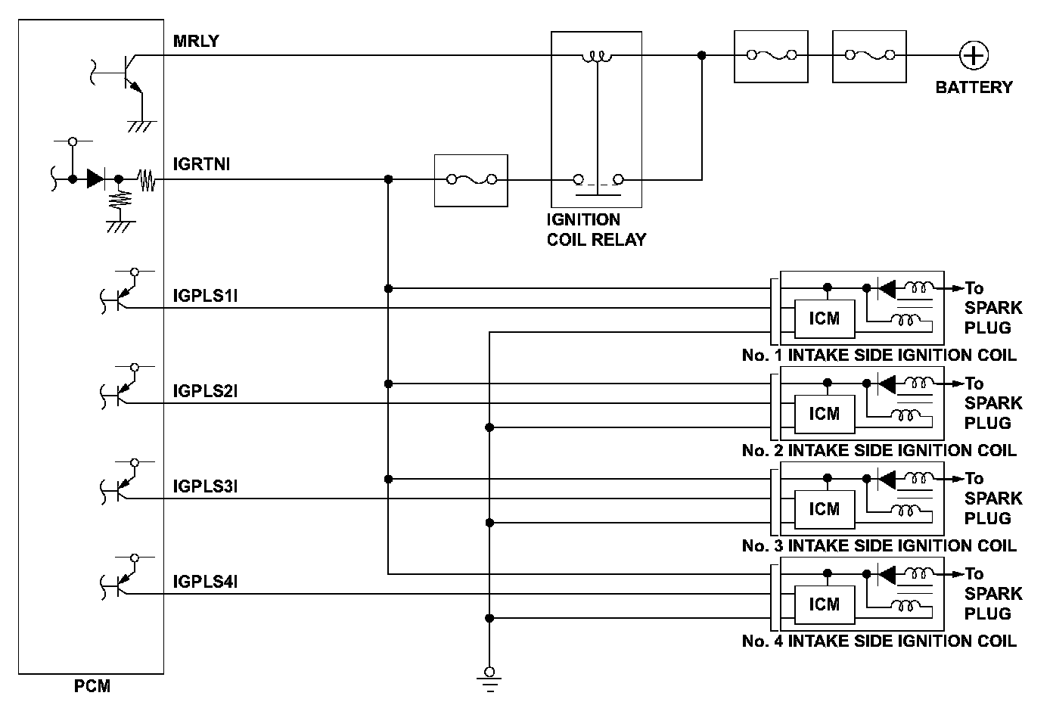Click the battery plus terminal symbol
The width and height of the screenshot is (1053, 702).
pyautogui.click(x=974, y=55)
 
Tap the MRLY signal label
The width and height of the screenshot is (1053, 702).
pyautogui.click(x=196, y=41)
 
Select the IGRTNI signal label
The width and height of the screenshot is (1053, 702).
pyautogui.click(x=201, y=164)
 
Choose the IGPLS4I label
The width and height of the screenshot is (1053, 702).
pyautogui.click(x=206, y=582)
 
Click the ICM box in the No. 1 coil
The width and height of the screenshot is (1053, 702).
pyautogui.click(x=824, y=318)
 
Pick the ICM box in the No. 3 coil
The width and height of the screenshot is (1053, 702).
pyautogui.click(x=824, y=509)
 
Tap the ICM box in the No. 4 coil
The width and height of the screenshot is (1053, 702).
pyautogui.click(x=824, y=604)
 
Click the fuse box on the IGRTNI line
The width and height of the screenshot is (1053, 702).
pyautogui.click(x=471, y=180)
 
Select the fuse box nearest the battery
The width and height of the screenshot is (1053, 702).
pyautogui.click(x=869, y=55)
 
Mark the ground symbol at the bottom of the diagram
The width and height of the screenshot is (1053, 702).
pyautogui.click(x=490, y=681)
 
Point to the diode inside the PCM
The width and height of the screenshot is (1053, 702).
pyautogui.click(x=95, y=179)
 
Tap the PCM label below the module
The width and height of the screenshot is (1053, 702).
pyautogui.click(x=92, y=687)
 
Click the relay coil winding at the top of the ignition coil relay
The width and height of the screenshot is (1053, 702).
pyautogui.click(x=597, y=57)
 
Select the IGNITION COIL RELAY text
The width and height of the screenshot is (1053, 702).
pyautogui.click(x=596, y=230)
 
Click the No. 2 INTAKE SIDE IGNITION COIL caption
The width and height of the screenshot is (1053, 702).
pyautogui.click(x=879, y=451)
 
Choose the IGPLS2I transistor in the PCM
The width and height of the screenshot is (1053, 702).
pyautogui.click(x=120, y=391)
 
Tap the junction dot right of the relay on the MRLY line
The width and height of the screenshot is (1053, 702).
pyautogui.click(x=702, y=55)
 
